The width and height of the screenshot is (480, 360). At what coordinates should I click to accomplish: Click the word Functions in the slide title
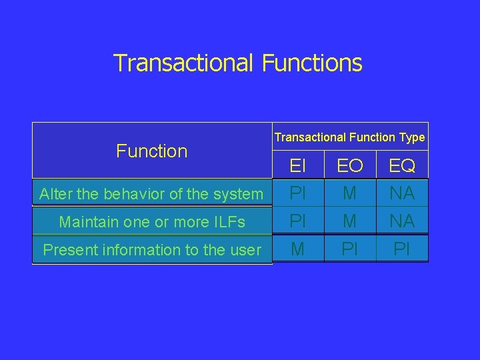(312, 63)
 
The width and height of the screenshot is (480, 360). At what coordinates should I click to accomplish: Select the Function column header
(152, 151)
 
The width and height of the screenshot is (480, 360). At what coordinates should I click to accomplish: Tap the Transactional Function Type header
(349, 137)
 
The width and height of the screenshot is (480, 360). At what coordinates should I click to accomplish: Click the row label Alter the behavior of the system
(151, 194)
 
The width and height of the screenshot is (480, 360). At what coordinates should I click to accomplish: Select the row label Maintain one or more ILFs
(152, 222)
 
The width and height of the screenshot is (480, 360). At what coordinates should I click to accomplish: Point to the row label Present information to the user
(152, 250)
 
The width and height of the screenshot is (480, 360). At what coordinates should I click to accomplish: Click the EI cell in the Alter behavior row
(298, 193)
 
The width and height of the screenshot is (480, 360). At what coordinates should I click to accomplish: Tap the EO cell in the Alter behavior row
(350, 193)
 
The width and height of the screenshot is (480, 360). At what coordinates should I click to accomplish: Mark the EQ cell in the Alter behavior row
(402, 193)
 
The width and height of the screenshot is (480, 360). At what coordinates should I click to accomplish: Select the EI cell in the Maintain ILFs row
(298, 221)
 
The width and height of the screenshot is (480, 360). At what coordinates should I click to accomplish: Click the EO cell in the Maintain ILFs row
(350, 221)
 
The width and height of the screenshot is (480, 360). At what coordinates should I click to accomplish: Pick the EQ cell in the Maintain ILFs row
(402, 221)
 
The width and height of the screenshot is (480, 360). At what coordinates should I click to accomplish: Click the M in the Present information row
(298, 249)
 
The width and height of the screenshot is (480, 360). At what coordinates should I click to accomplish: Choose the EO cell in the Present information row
(350, 249)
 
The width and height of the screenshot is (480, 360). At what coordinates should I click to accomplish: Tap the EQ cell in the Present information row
(402, 249)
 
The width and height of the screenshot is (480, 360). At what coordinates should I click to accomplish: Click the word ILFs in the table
(228, 222)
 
